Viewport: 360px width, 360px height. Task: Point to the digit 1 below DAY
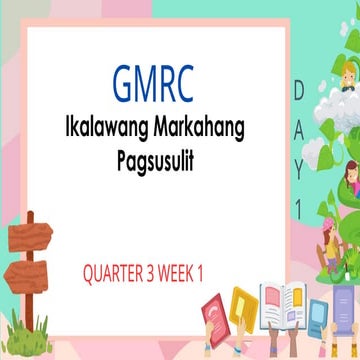(x=298, y=181)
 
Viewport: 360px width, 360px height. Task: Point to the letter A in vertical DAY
(x=298, y=120)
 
